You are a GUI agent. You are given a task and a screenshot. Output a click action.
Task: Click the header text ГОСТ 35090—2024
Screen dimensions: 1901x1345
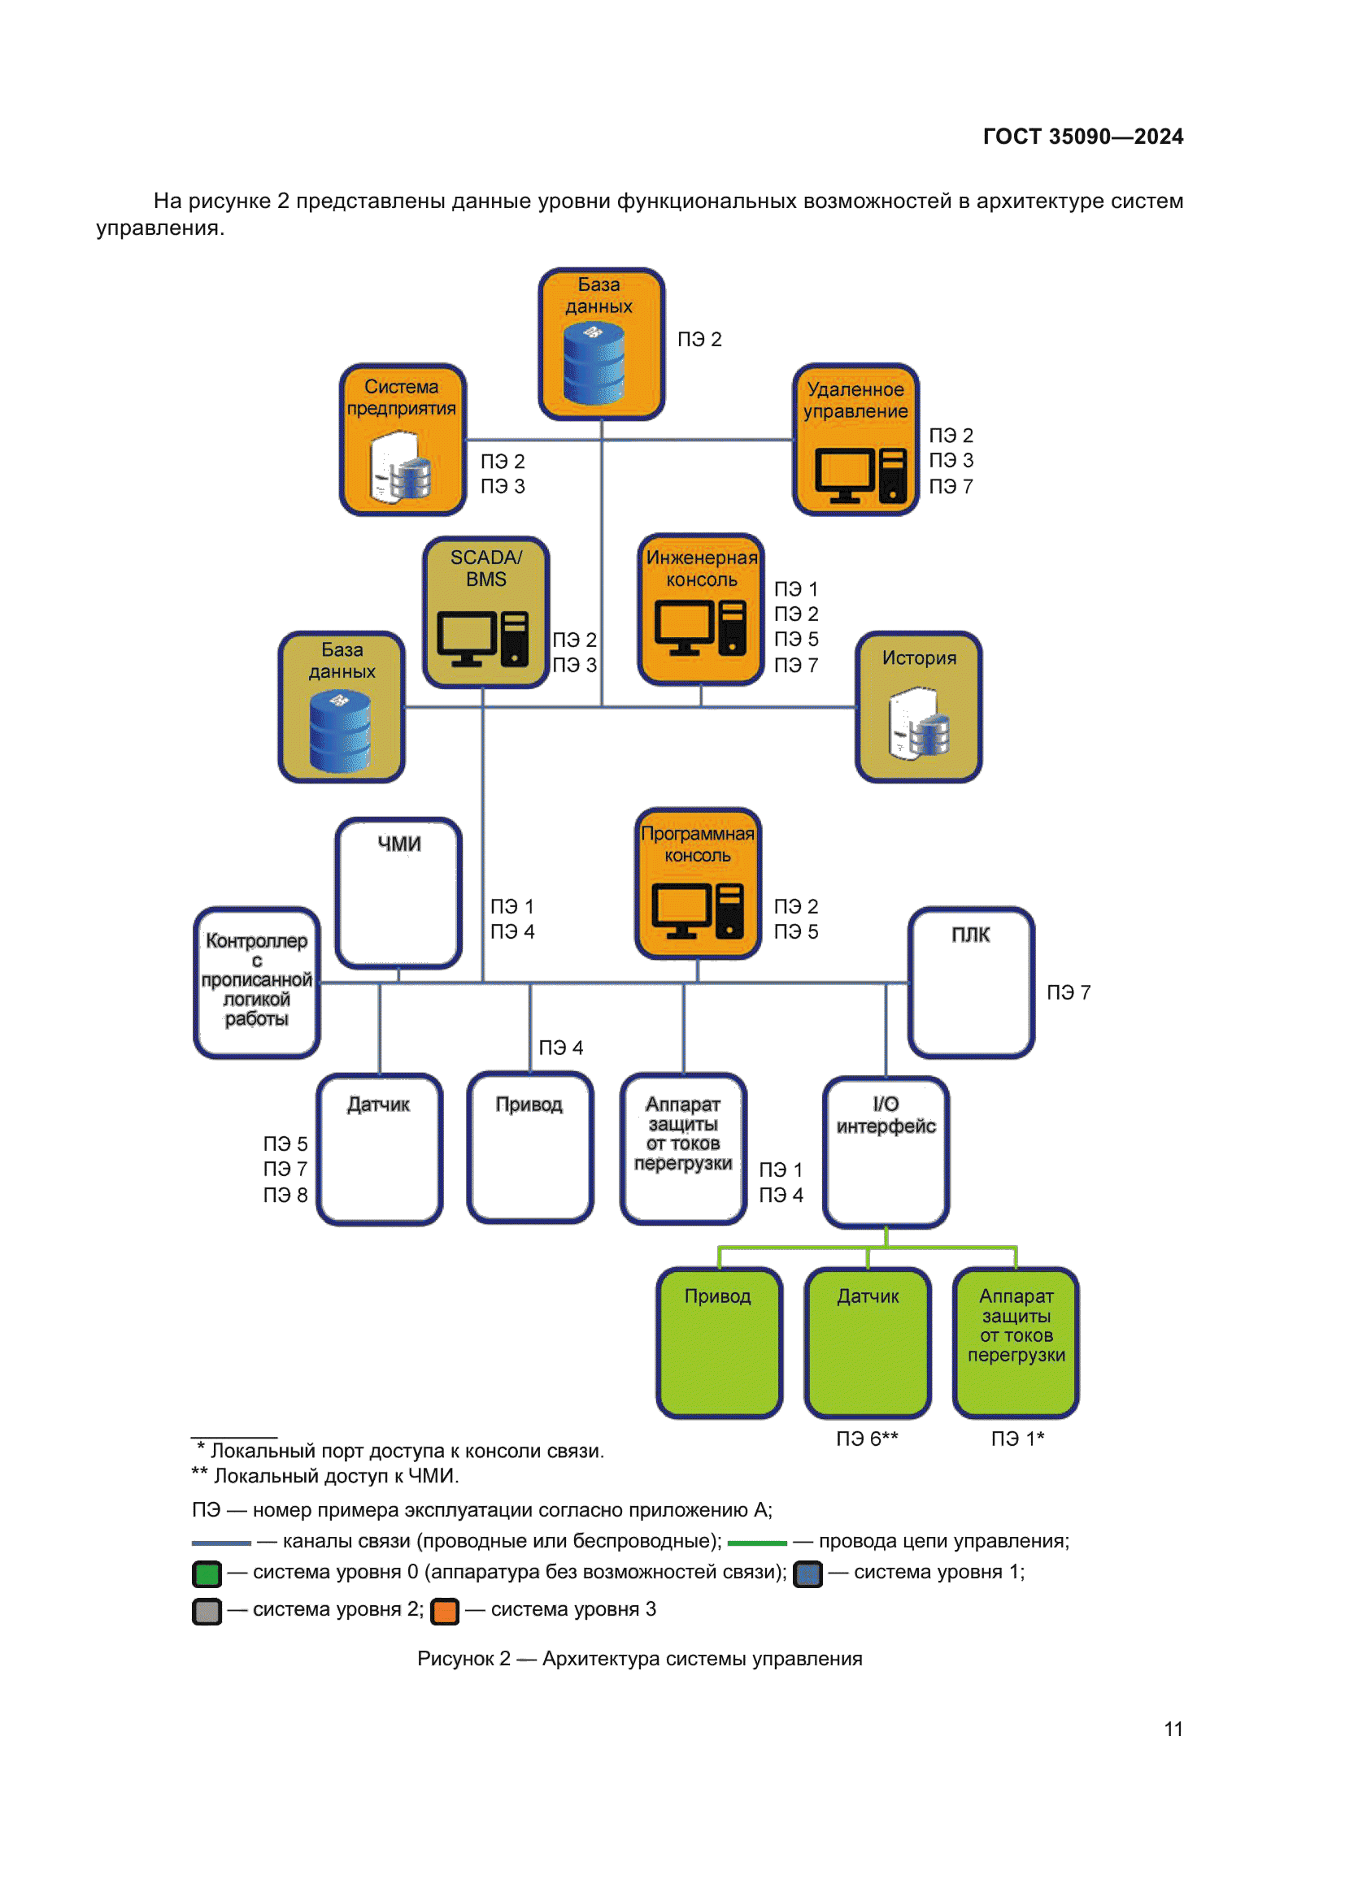pyautogui.click(x=1082, y=137)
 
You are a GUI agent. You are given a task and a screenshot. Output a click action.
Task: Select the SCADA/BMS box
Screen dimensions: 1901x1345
pyautogui.click(x=485, y=612)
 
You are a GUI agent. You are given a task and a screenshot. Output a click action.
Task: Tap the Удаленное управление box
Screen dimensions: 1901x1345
pyautogui.click(x=855, y=440)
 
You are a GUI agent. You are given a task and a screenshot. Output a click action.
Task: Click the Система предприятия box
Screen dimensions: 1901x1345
pyautogui.click(x=403, y=440)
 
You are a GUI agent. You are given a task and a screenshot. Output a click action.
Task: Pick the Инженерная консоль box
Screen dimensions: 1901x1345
pyautogui.click(x=701, y=610)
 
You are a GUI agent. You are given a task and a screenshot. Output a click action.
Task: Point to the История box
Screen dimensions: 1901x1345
pyautogui.click(x=918, y=707)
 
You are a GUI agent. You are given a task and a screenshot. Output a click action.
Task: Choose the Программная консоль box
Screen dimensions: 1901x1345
pyautogui.click(x=699, y=883)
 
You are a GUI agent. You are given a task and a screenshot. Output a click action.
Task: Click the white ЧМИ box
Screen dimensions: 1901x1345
pyautogui.click(x=398, y=892)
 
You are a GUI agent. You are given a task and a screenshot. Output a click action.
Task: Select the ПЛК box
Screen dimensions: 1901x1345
pyautogui.click(x=971, y=982)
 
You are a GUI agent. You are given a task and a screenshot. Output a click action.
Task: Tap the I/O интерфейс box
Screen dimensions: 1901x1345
pyautogui.click(x=886, y=1152)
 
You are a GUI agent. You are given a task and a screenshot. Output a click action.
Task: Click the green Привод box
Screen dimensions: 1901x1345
pyautogui.click(x=719, y=1342)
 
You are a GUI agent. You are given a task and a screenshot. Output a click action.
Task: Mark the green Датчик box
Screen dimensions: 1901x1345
pyautogui.click(x=867, y=1342)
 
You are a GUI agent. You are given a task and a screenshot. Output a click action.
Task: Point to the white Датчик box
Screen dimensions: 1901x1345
pyautogui.click(x=379, y=1149)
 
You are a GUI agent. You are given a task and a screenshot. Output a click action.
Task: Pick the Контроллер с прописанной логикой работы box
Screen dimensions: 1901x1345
pyautogui.click(x=257, y=982)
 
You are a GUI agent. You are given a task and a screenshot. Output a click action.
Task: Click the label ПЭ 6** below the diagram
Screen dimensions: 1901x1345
pyautogui.click(x=866, y=1439)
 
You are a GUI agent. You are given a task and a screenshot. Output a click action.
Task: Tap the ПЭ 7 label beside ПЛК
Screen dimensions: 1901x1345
pyautogui.click(x=1069, y=992)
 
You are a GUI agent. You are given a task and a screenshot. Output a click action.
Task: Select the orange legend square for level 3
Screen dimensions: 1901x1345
pyautogui.click(x=445, y=1611)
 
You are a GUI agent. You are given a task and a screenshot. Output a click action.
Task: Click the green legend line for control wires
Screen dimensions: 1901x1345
pyautogui.click(x=757, y=1543)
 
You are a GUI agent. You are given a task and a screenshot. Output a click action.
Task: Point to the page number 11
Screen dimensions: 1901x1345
pyautogui.click(x=1173, y=1729)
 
